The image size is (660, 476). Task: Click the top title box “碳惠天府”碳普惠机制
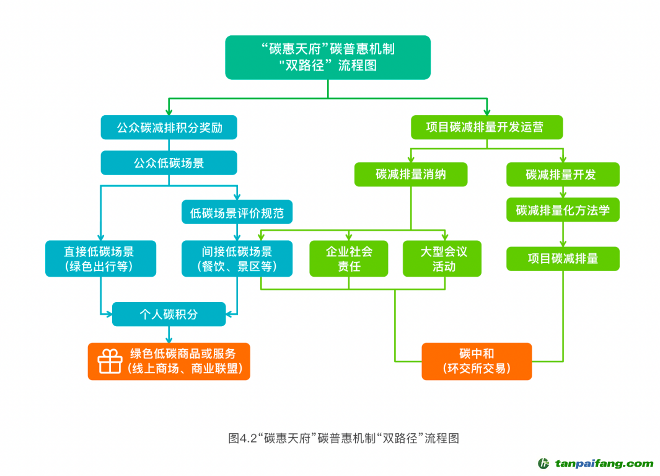(327, 57)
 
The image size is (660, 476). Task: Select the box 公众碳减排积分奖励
(169, 128)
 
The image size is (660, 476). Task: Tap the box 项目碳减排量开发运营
(486, 127)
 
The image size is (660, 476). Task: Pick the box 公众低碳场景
(169, 163)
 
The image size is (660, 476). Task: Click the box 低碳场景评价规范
(237, 213)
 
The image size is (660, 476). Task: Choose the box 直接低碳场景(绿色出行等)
(100, 259)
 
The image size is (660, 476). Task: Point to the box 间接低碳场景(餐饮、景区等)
(237, 259)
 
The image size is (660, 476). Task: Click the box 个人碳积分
(169, 314)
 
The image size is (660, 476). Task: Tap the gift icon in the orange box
(110, 361)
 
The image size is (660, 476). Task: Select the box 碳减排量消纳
(410, 175)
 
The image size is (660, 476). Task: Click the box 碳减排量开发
(562, 175)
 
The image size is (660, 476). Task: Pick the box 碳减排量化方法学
(562, 210)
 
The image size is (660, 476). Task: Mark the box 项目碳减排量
(562, 258)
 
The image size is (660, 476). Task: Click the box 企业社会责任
(349, 259)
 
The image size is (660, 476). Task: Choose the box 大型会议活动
(442, 259)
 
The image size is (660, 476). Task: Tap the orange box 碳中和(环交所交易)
(477, 361)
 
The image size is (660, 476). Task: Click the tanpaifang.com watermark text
(604, 464)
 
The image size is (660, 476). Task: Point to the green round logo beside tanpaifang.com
(544, 464)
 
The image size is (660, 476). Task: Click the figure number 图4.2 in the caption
(242, 438)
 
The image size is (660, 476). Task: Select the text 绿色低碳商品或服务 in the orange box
(183, 354)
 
